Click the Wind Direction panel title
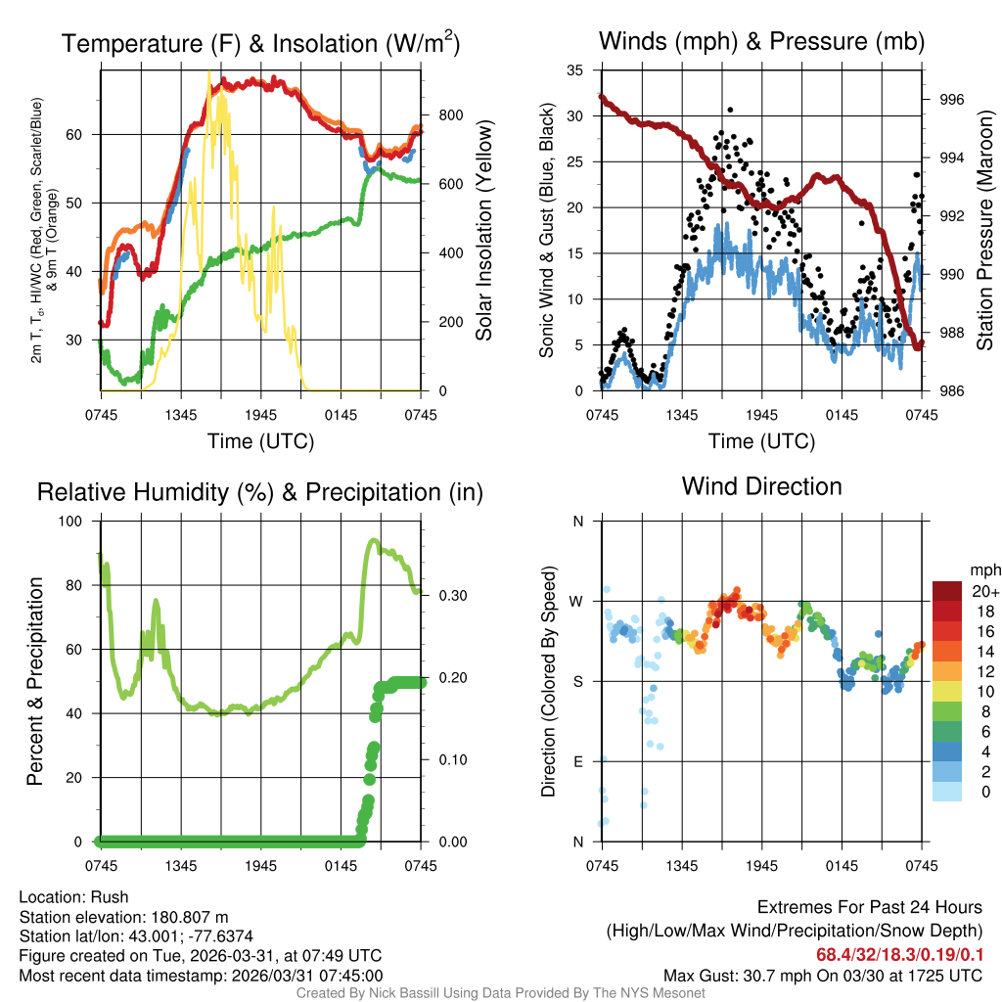761,486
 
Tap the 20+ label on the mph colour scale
983,591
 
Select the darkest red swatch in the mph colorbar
948,591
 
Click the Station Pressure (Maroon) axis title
984,231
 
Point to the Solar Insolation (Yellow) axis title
483,231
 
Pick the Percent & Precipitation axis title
35,681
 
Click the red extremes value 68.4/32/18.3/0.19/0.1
900,953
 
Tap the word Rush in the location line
111,897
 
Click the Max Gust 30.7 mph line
823,975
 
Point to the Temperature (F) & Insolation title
260,44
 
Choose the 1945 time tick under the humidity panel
261,866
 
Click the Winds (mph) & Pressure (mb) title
761,41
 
